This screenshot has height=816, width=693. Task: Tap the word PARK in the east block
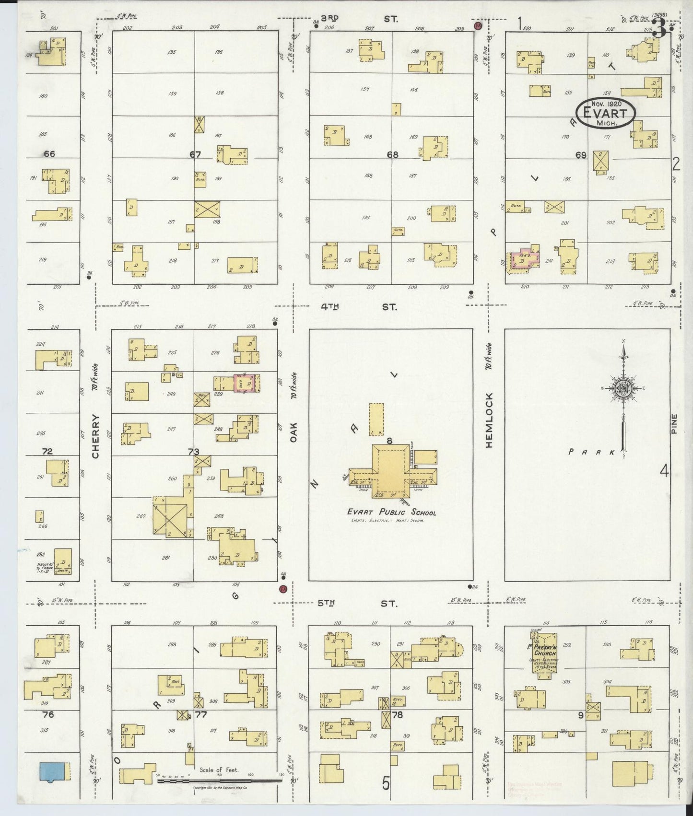coord(591,452)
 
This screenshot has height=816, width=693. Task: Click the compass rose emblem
coord(623,389)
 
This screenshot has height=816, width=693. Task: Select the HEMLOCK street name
coord(489,420)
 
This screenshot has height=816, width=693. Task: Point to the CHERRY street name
coord(95,436)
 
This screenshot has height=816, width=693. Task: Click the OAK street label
coord(294,432)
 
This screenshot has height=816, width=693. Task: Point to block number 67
coord(195,154)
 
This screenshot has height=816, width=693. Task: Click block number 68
coord(392,154)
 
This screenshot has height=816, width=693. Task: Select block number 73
coord(193,452)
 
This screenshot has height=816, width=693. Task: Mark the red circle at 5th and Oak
coord(283,589)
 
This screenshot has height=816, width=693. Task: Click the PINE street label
coord(674,424)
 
